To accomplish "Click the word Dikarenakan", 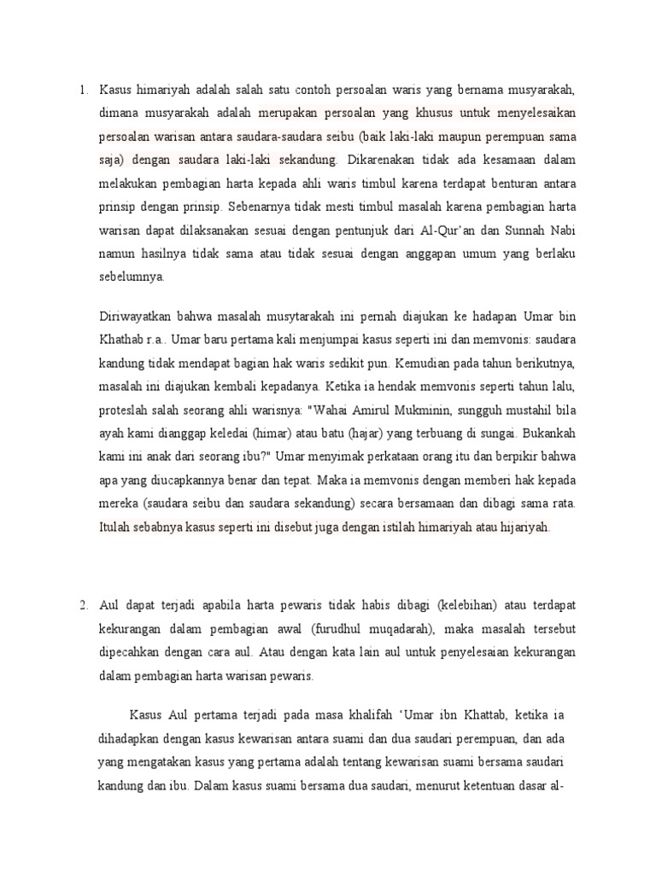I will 379,159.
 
